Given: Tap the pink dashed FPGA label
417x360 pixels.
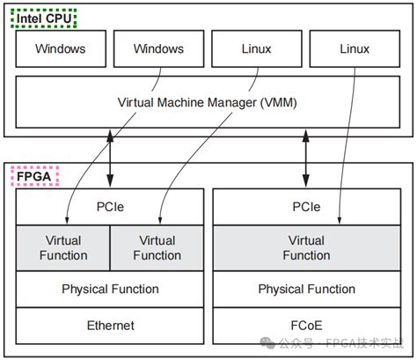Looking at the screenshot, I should click(x=34, y=177).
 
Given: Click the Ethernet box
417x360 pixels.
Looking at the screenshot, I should click(x=110, y=326).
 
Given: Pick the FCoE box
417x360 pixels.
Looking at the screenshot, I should click(x=306, y=326).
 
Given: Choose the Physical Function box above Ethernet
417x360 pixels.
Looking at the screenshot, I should click(x=110, y=289).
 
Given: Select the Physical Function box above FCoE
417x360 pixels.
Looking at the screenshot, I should click(x=306, y=289).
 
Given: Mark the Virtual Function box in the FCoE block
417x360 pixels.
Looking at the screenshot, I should click(x=306, y=247).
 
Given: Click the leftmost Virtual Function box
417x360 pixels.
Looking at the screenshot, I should click(x=63, y=247).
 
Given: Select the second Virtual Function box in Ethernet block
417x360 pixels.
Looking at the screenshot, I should click(x=157, y=247).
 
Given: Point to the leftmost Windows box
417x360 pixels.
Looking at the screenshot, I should click(x=61, y=48).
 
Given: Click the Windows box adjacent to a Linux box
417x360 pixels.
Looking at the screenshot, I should click(x=158, y=48).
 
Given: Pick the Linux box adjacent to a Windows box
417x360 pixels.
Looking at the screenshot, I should click(x=257, y=48).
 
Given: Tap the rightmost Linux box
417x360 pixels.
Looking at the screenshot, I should click(x=355, y=48).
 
